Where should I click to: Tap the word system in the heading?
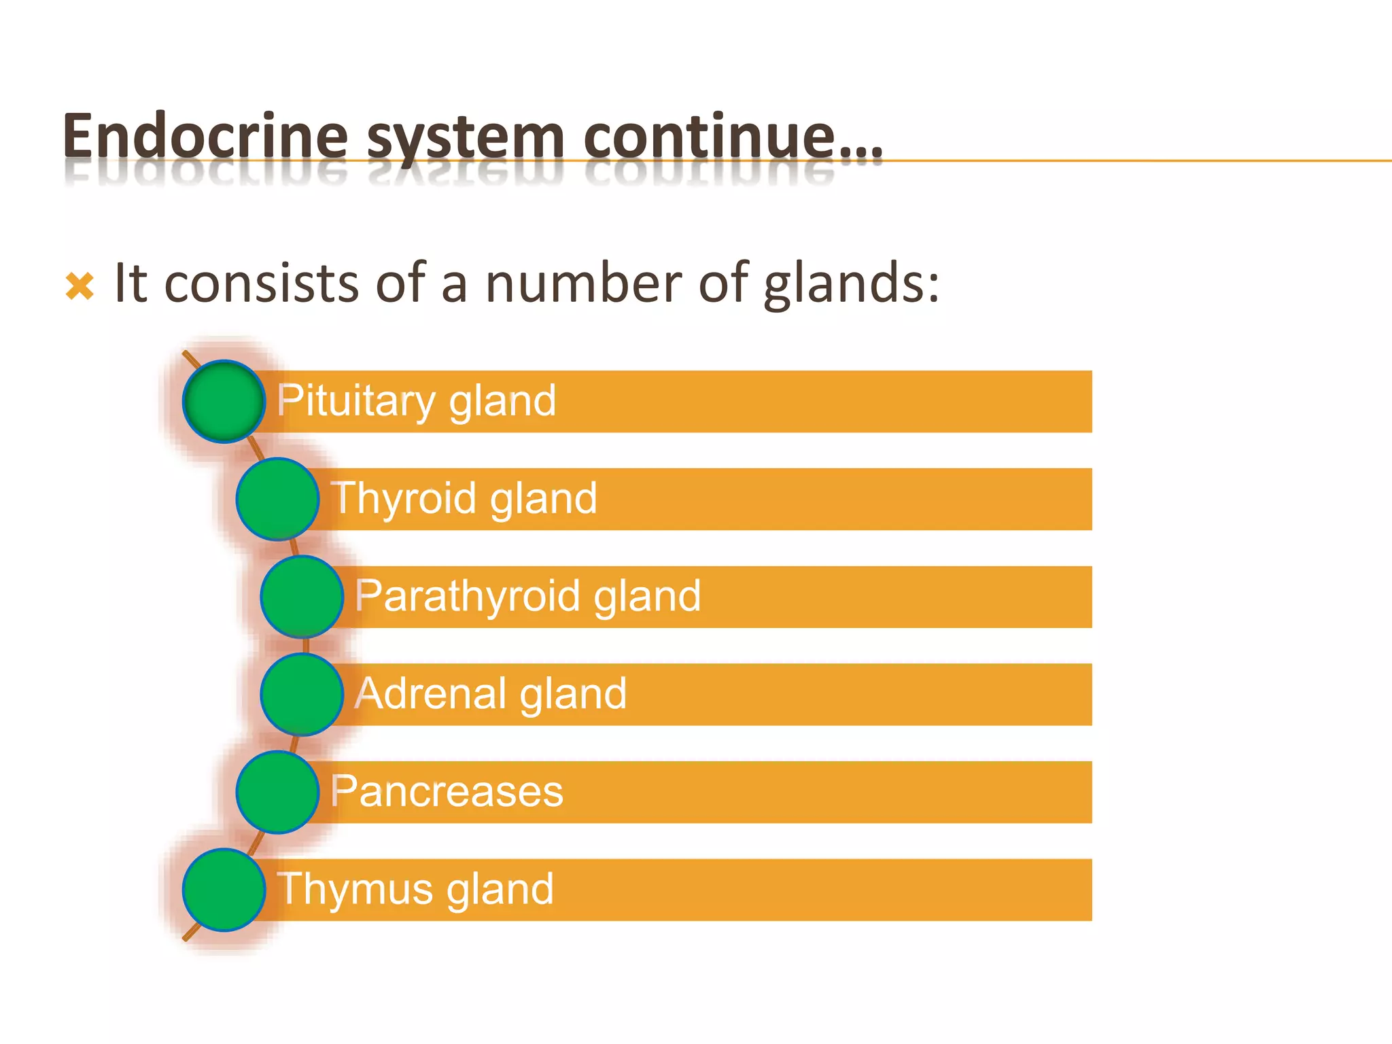click(466, 138)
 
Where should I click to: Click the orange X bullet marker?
click(80, 285)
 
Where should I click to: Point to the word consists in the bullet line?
click(262, 283)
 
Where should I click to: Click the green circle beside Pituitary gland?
click(224, 402)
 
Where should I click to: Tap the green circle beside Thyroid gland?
click(277, 499)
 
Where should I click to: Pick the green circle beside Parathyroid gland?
click(302, 597)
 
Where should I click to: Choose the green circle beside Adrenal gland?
click(302, 694)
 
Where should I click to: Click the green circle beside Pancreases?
click(277, 792)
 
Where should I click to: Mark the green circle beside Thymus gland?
click(224, 890)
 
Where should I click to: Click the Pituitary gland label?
click(417, 401)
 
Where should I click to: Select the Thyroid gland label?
click(464, 499)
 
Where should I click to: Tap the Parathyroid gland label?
click(528, 597)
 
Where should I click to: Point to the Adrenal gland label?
click(491, 694)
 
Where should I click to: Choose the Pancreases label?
click(447, 792)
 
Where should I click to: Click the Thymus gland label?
click(415, 889)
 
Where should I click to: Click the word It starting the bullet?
click(130, 283)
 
